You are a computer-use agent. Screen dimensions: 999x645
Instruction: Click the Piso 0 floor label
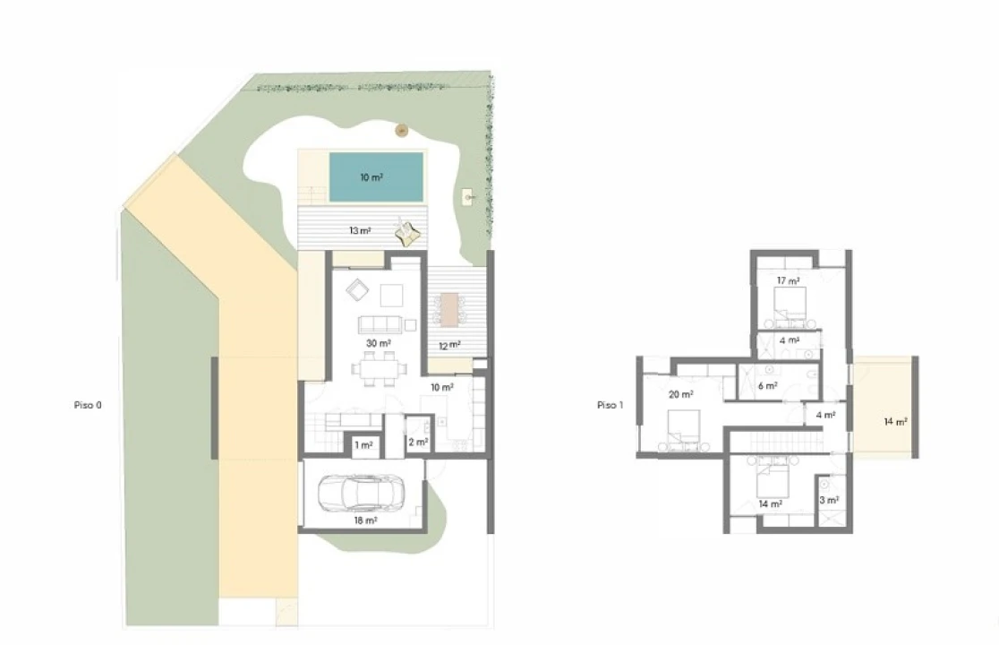(88, 405)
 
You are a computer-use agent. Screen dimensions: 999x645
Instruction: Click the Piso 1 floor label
(610, 405)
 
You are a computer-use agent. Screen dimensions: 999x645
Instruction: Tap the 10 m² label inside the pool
(371, 177)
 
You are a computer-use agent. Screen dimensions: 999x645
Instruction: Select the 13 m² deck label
(360, 231)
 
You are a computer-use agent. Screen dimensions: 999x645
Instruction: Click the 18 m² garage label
(366, 520)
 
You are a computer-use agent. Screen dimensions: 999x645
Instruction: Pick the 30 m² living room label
(379, 343)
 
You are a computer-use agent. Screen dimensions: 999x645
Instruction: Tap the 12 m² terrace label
(449, 346)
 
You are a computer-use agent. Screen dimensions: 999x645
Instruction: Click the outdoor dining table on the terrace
(449, 310)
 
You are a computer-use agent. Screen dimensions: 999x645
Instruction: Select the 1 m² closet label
(363, 445)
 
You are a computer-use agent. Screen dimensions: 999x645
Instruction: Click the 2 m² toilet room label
(419, 443)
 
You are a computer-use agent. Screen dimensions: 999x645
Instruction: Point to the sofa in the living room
(380, 325)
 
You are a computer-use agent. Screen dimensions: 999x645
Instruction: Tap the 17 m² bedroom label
(788, 281)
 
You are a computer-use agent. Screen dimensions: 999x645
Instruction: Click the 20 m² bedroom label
(681, 395)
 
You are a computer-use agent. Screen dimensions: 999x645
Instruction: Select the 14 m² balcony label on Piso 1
(896, 422)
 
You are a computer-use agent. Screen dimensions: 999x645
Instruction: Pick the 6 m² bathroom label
(768, 386)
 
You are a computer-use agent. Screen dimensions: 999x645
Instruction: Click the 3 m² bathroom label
(829, 501)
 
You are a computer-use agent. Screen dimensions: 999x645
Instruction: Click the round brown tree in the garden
(401, 131)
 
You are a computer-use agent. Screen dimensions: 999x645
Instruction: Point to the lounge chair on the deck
(408, 232)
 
